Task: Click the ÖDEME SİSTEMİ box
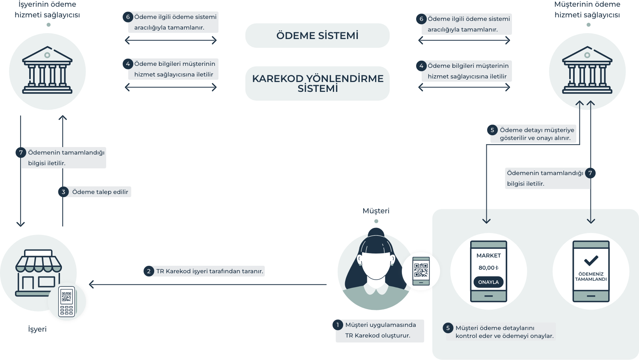pos(317,35)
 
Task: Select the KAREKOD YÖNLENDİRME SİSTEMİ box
pos(317,83)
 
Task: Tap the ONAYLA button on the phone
pos(488,282)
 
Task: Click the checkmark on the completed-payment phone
pos(591,260)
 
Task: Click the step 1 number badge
pos(338,325)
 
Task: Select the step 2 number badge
pos(149,271)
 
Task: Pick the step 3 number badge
pos(63,192)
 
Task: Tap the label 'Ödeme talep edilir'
pos(100,192)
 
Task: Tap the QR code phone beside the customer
pos(421,271)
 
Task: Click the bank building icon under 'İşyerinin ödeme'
pos(47,71)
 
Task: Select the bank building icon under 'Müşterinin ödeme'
pos(587,71)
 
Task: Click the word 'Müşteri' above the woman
pos(376,211)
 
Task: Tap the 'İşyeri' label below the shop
pos(37,329)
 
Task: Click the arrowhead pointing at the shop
pos(92,284)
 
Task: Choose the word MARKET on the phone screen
pos(488,256)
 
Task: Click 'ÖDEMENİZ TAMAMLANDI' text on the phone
pos(591,276)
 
